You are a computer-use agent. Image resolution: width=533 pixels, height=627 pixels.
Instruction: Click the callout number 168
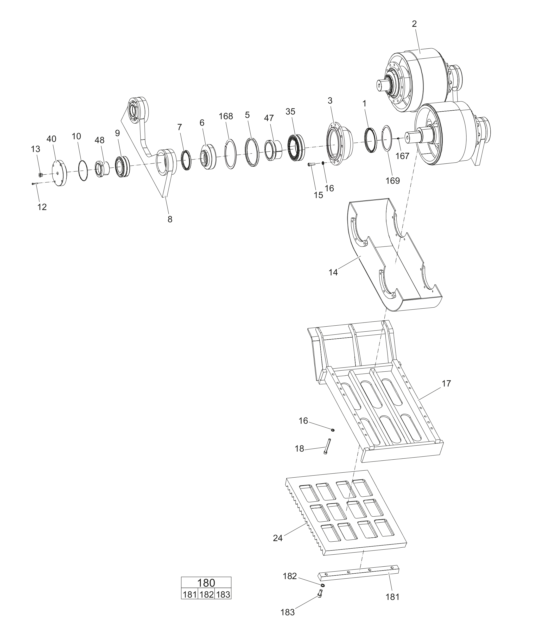coord(226,116)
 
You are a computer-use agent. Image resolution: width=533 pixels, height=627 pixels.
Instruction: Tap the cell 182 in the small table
coord(207,594)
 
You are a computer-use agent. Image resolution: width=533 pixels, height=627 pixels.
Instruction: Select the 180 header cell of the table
coord(206,582)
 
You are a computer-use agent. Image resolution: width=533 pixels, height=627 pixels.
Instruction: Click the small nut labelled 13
coord(41,175)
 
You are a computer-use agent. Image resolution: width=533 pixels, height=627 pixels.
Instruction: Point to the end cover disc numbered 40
coord(60,173)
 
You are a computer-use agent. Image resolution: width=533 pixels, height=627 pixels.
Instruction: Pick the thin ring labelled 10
coord(83,170)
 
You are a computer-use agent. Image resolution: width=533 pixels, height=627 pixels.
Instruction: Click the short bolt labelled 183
coord(320,593)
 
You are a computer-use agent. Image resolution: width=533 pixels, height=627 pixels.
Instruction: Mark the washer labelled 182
coord(323,585)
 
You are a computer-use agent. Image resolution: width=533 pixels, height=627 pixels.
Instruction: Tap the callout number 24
coord(277,538)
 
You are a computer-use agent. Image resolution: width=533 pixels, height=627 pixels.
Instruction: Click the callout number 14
coord(333,272)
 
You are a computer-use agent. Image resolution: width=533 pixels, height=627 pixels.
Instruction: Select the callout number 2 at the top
coord(414,24)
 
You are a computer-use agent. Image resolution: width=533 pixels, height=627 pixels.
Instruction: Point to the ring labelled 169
coord(387,137)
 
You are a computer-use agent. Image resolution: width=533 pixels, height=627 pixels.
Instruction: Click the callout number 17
coord(446,383)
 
